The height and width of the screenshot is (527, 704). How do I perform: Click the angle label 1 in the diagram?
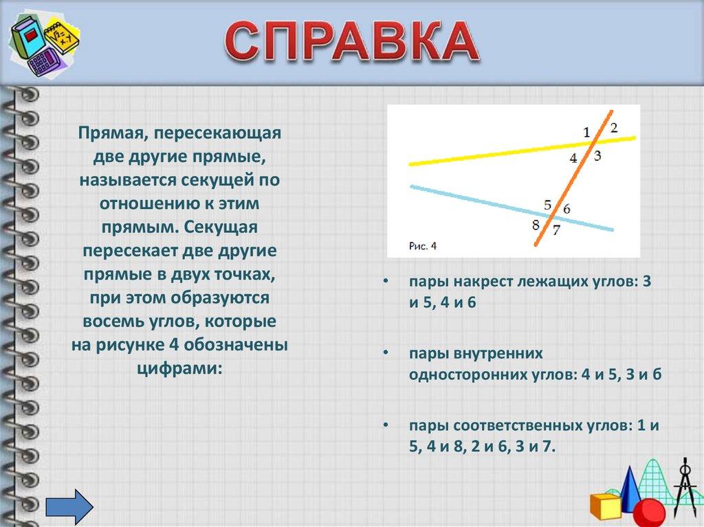[x=586, y=132]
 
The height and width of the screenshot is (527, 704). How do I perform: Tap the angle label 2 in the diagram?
[x=614, y=128]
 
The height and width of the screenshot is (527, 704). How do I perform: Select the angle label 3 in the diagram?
[x=597, y=156]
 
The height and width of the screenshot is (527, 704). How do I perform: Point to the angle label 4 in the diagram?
[x=573, y=158]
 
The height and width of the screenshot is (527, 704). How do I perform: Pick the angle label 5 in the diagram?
[x=547, y=205]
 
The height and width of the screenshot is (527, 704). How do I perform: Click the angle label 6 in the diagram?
[x=566, y=209]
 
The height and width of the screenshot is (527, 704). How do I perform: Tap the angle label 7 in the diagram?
[x=556, y=230]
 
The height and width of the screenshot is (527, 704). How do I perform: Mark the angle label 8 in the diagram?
[x=536, y=225]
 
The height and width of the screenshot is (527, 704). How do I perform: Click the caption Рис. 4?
[x=423, y=246]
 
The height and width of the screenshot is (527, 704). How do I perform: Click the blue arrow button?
[x=69, y=507]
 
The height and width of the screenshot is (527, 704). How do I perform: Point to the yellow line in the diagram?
[x=522, y=151]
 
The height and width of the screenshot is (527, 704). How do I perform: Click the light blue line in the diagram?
[x=511, y=208]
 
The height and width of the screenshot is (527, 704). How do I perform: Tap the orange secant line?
[x=573, y=178]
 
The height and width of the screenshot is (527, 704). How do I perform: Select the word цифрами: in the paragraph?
[x=179, y=368]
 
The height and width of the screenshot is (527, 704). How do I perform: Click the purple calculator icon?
[x=42, y=62]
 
